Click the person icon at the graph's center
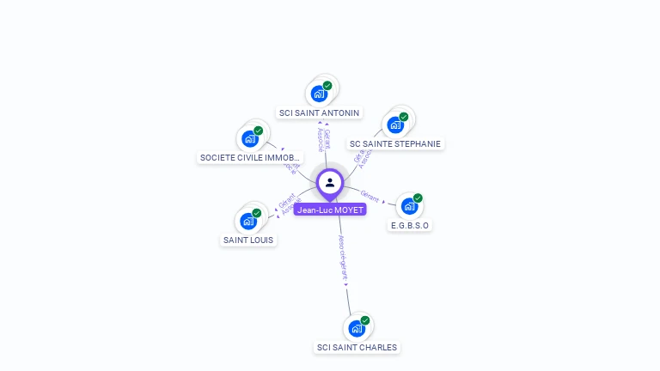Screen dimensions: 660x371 [330, 182]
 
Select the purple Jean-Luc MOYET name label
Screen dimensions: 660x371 [330, 210]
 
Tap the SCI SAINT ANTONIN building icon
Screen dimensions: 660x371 [319, 94]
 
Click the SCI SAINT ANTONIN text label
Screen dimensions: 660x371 [320, 113]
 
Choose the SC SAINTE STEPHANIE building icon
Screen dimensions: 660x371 [395, 125]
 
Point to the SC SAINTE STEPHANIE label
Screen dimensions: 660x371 [396, 143]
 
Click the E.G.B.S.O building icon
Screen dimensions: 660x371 [409, 206]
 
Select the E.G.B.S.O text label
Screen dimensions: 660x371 [409, 226]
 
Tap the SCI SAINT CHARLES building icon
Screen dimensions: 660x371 [357, 328]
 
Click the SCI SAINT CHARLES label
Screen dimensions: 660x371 [357, 348]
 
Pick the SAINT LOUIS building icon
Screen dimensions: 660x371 [248, 221]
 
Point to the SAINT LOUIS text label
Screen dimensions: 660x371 [248, 240]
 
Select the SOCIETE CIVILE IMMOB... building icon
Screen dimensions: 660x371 [250, 138]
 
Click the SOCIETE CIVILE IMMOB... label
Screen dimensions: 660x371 [250, 158]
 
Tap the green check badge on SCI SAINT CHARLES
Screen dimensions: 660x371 [365, 320]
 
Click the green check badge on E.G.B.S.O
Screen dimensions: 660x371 [418, 198]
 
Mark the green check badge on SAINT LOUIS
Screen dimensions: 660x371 [257, 213]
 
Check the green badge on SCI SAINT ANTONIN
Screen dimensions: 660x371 [327, 86]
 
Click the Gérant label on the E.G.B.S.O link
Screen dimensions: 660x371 [370, 196]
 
